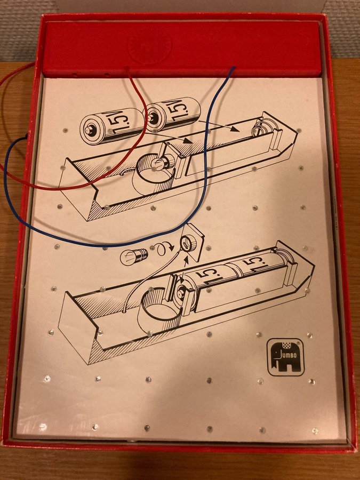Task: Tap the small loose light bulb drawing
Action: (x=134, y=256)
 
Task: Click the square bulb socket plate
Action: (x=192, y=242)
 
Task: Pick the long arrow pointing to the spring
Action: (x=218, y=125)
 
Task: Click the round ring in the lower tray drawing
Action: (x=159, y=303)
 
